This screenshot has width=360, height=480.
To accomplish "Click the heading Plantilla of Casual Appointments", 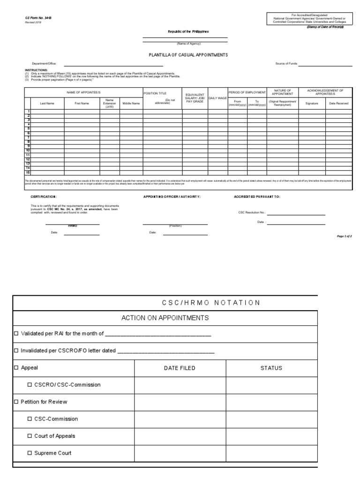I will point(188,55).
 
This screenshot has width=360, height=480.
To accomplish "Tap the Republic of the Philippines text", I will point(188,31).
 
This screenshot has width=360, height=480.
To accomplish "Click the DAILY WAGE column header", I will point(217,97).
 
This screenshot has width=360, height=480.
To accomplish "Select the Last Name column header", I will point(47,103).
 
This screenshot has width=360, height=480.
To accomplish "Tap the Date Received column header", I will point(338,103).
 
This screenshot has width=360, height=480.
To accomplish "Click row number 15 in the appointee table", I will point(28,172).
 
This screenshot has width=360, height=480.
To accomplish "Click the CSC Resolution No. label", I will point(252,212).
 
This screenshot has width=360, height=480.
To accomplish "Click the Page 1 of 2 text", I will point(344,236).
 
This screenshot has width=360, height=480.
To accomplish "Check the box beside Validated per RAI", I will point(16,334).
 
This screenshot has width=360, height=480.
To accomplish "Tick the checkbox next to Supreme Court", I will point(30,453).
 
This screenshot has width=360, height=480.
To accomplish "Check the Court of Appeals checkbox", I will point(30,436).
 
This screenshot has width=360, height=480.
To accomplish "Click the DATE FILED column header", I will point(180,368).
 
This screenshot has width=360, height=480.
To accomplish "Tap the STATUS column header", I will point(271,368).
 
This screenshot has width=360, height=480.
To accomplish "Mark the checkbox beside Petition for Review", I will point(16,402).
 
